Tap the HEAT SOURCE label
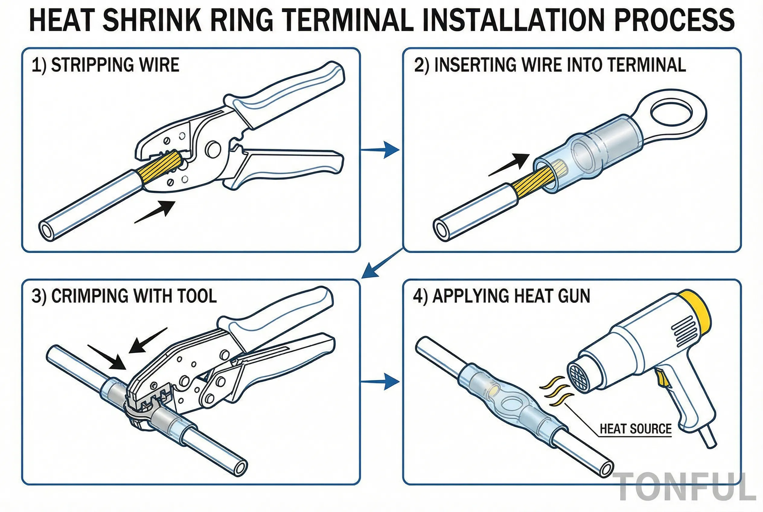[635, 429]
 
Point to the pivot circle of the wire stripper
[213, 149]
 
